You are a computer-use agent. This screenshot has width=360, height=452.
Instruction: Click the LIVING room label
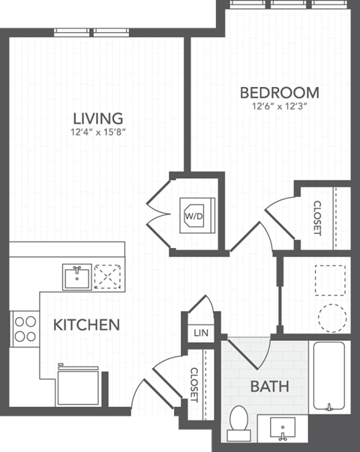(97, 118)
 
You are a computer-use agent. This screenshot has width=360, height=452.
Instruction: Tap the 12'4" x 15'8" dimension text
(97, 135)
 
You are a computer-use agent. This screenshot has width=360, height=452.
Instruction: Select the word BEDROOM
(279, 93)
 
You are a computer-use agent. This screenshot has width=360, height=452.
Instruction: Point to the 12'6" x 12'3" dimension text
(279, 108)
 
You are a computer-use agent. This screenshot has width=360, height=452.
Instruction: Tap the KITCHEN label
(86, 325)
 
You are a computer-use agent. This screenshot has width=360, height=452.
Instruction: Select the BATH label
(270, 388)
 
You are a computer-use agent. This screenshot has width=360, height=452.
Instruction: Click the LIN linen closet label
(199, 332)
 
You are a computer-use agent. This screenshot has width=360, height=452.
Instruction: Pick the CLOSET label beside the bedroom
(317, 217)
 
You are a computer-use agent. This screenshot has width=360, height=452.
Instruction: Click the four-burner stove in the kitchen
(25, 328)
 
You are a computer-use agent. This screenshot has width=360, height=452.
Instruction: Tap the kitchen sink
(76, 277)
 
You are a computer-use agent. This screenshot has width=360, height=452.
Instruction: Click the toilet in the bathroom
(239, 421)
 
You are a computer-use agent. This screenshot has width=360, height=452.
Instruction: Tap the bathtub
(328, 377)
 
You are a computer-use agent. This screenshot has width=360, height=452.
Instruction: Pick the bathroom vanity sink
(282, 430)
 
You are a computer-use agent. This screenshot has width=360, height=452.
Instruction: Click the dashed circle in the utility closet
(333, 318)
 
